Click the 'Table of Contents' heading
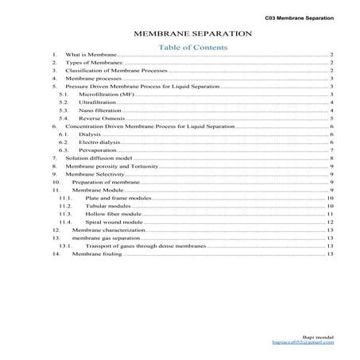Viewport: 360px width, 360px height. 193,48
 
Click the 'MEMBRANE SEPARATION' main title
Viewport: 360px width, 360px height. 193,35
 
